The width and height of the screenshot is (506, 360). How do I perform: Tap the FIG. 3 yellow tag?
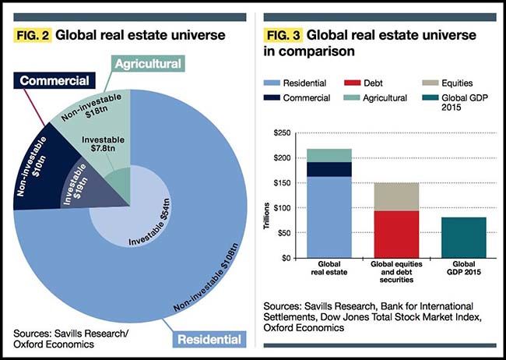pos(284,35)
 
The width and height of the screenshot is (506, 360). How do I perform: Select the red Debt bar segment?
pos(396,234)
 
